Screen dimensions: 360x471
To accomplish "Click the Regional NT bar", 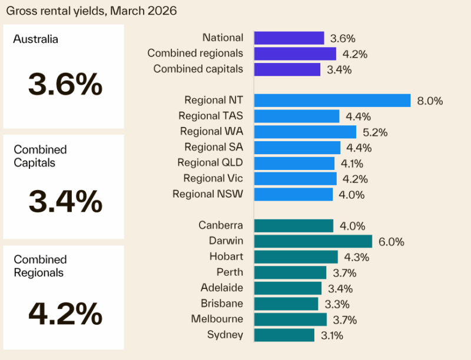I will tap(332, 101).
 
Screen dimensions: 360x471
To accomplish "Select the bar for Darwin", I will tap(313, 241).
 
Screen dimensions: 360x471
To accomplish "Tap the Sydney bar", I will tap(284, 335).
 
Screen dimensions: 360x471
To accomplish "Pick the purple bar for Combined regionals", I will tap(295, 54).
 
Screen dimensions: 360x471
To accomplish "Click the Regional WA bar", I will tap(305, 132).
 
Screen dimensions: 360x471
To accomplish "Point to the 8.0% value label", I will tap(429, 101).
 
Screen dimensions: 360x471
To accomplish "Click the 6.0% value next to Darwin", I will tap(392, 242).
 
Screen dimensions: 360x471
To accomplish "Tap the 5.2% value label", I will tap(374, 132).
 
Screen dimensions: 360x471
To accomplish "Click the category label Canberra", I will tap(221, 225).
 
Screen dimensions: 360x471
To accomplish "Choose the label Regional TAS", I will tap(211, 116).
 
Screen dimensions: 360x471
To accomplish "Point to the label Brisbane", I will tap(221, 304).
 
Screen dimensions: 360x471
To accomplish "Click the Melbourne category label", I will tap(217, 319).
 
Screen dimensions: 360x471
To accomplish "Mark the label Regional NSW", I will tap(208, 194).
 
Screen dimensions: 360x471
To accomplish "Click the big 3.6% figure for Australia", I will tap(65, 86).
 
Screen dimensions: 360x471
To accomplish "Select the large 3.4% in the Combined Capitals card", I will tap(65, 202).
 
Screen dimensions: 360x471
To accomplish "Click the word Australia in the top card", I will tap(36, 40).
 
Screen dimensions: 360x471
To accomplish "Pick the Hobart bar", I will tap(296, 256).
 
